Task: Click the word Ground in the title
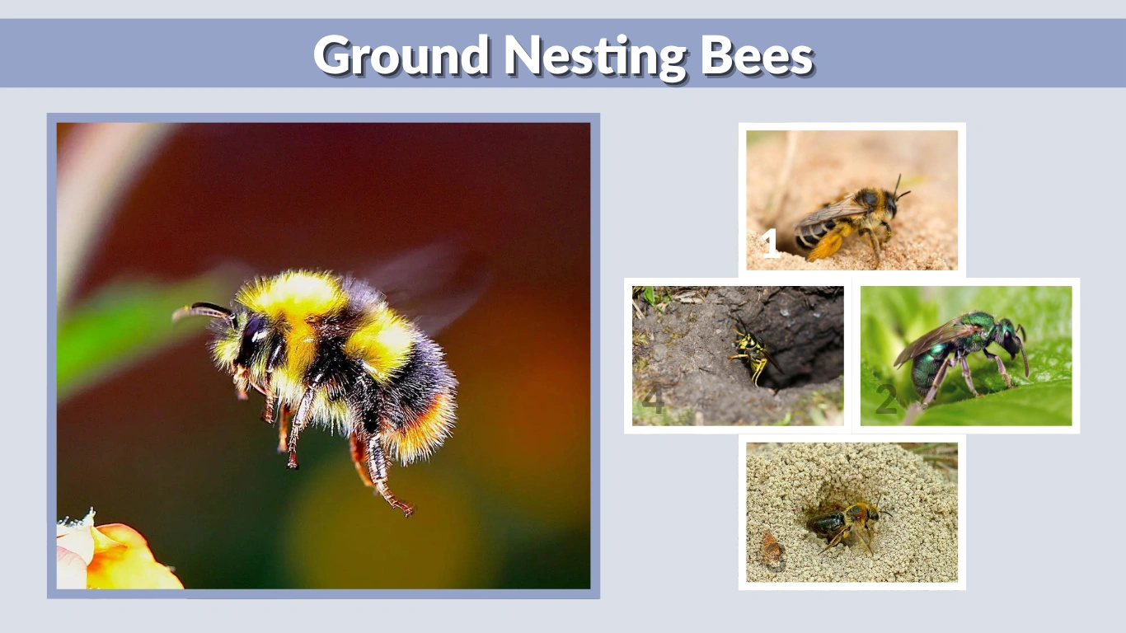[x=401, y=56]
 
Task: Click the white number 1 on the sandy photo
[x=770, y=244]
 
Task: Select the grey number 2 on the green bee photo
[x=885, y=401]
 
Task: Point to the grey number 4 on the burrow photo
[x=653, y=401]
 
